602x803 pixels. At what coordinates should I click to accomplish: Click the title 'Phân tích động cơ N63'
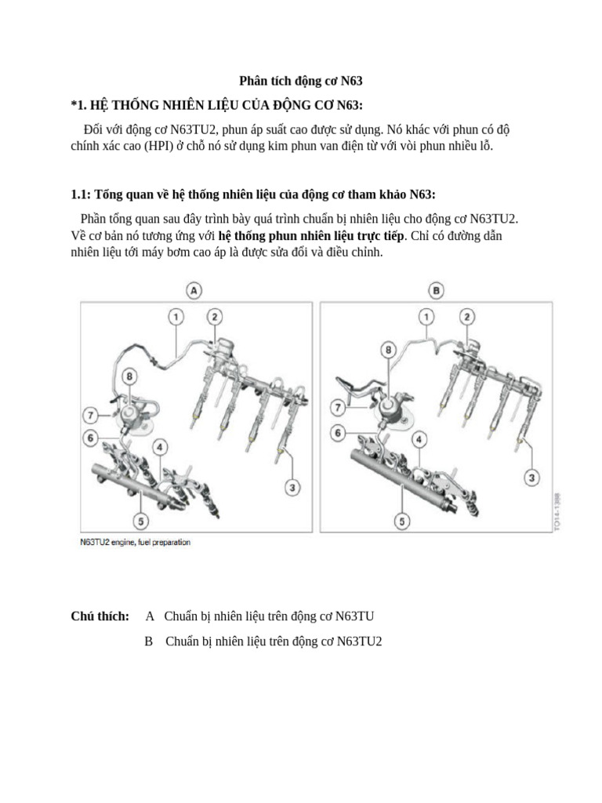tap(300, 81)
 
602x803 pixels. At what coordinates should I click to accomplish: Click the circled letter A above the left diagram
tap(194, 290)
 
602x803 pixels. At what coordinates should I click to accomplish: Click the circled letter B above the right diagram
tap(437, 290)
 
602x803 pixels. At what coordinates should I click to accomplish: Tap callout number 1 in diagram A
tap(176, 317)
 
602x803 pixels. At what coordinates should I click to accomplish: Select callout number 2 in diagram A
tap(214, 317)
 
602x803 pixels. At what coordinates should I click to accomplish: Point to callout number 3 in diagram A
tap(292, 489)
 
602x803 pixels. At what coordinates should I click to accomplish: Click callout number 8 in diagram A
tap(129, 377)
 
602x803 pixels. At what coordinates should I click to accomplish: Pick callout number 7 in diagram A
tap(92, 413)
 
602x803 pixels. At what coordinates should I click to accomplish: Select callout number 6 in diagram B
tap(339, 432)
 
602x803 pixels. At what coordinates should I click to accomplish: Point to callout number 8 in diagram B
tap(386, 349)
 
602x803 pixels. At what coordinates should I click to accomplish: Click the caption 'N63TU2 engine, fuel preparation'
tap(135, 542)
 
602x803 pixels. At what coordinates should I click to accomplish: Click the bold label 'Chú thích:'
tap(100, 617)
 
